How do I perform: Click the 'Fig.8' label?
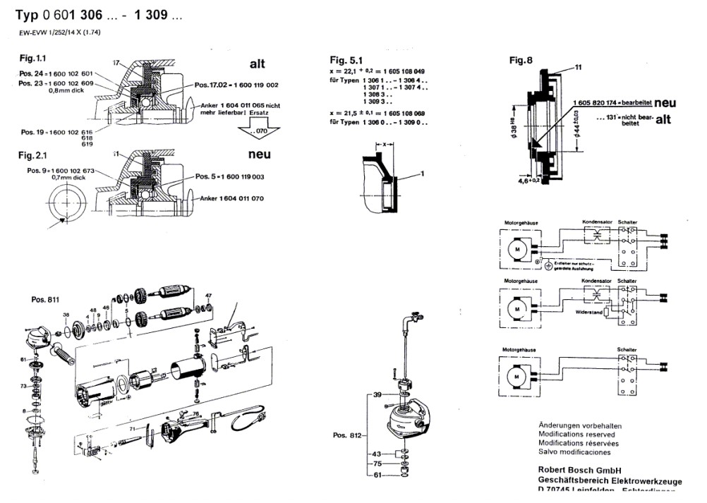coord(520,60)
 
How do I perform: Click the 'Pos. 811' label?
coord(44,299)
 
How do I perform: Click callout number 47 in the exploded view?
coord(208,294)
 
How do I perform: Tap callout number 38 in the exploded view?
coord(66,315)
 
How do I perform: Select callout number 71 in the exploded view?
coord(131,428)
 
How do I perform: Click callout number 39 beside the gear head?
coord(377,396)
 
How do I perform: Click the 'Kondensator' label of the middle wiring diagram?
coord(596,281)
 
